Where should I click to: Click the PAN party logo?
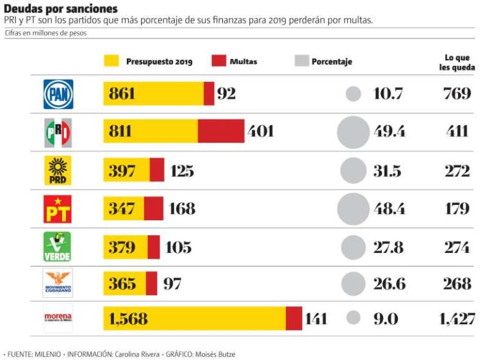pyautogui.click(x=58, y=94)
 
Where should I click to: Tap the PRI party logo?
pyautogui.click(x=58, y=132)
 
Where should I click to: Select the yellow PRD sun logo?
pyautogui.click(x=58, y=170)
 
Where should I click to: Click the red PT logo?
pyautogui.click(x=58, y=209)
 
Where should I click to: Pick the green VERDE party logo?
pyautogui.click(x=58, y=247)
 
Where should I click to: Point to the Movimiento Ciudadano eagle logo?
pyautogui.click(x=58, y=282)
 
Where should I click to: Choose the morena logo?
pyautogui.click(x=58, y=318)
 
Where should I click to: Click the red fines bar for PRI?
pyautogui.click(x=221, y=131)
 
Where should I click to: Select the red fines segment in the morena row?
pyautogui.click(x=294, y=318)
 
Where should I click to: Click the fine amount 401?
pyautogui.click(x=261, y=131)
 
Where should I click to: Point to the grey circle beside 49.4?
pyautogui.click(x=354, y=132)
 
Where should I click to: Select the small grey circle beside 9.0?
pyautogui.click(x=354, y=318)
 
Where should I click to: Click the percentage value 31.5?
pyautogui.click(x=387, y=170)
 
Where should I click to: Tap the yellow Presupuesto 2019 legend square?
pyautogui.click(x=111, y=61)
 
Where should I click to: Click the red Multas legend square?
pyautogui.click(x=219, y=61)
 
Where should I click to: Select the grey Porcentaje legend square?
pyautogui.click(x=302, y=61)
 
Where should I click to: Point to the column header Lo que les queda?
pyautogui.click(x=457, y=62)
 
